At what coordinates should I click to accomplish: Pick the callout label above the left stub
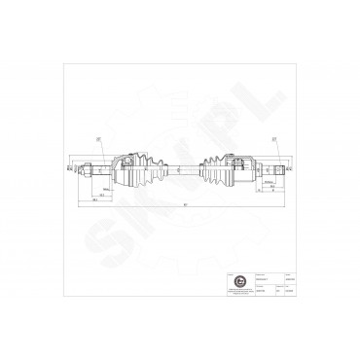(98, 139)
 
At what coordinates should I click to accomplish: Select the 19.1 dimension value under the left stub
(101, 192)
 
